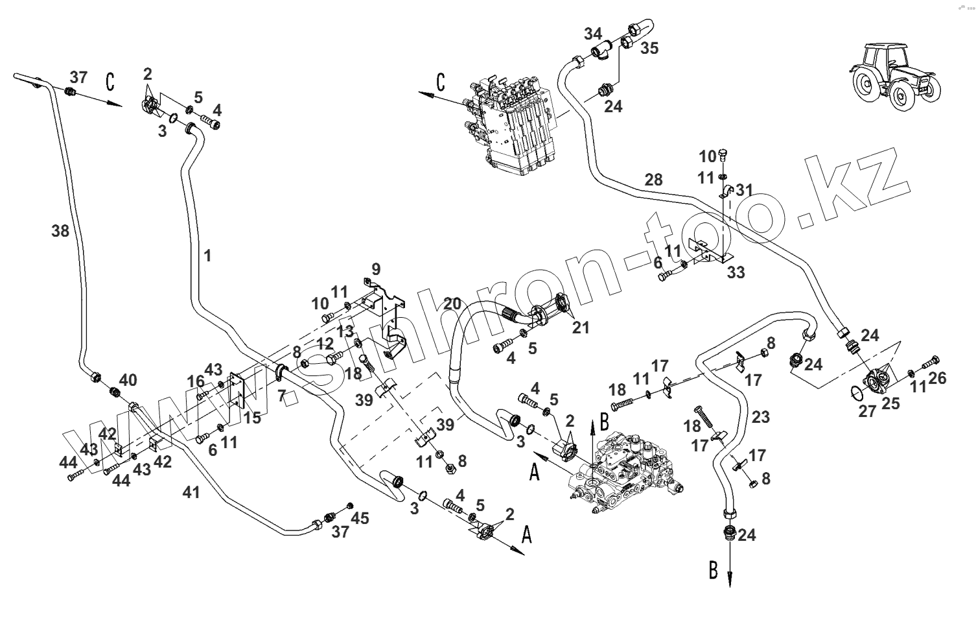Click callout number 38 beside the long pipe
tap(60, 230)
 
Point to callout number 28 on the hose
tap(653, 180)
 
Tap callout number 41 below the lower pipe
tap(191, 493)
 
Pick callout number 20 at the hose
tap(452, 303)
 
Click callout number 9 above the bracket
tap(376, 268)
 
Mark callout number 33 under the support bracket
tap(736, 273)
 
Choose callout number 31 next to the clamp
tap(745, 190)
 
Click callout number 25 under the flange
tap(890, 404)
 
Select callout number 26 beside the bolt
tap(937, 378)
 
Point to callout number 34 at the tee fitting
tap(592, 34)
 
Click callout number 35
tap(649, 48)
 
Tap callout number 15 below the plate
tap(252, 418)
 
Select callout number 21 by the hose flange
tap(581, 327)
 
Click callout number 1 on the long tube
tap(207, 256)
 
